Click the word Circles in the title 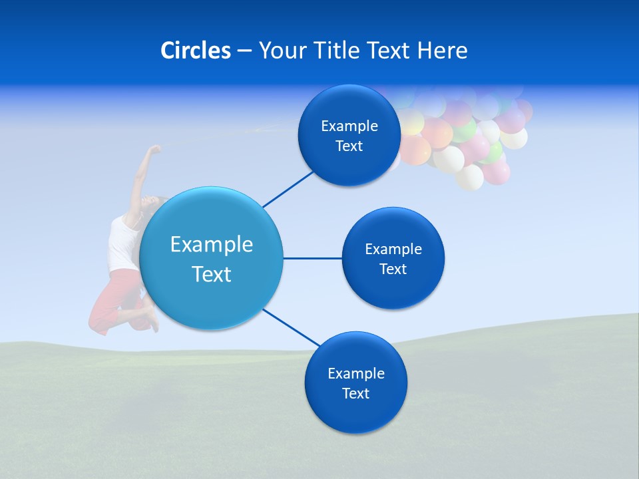pyautogui.click(x=195, y=51)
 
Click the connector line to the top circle pyautogui.click(x=288, y=188)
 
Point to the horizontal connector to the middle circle pyautogui.click(x=312, y=258)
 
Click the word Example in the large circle pyautogui.click(x=212, y=245)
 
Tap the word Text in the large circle pyautogui.click(x=212, y=274)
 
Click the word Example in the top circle pyautogui.click(x=349, y=126)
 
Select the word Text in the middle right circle pyautogui.click(x=393, y=269)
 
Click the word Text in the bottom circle pyautogui.click(x=355, y=393)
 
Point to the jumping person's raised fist pyautogui.click(x=154, y=149)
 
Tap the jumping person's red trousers pyautogui.click(x=113, y=299)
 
